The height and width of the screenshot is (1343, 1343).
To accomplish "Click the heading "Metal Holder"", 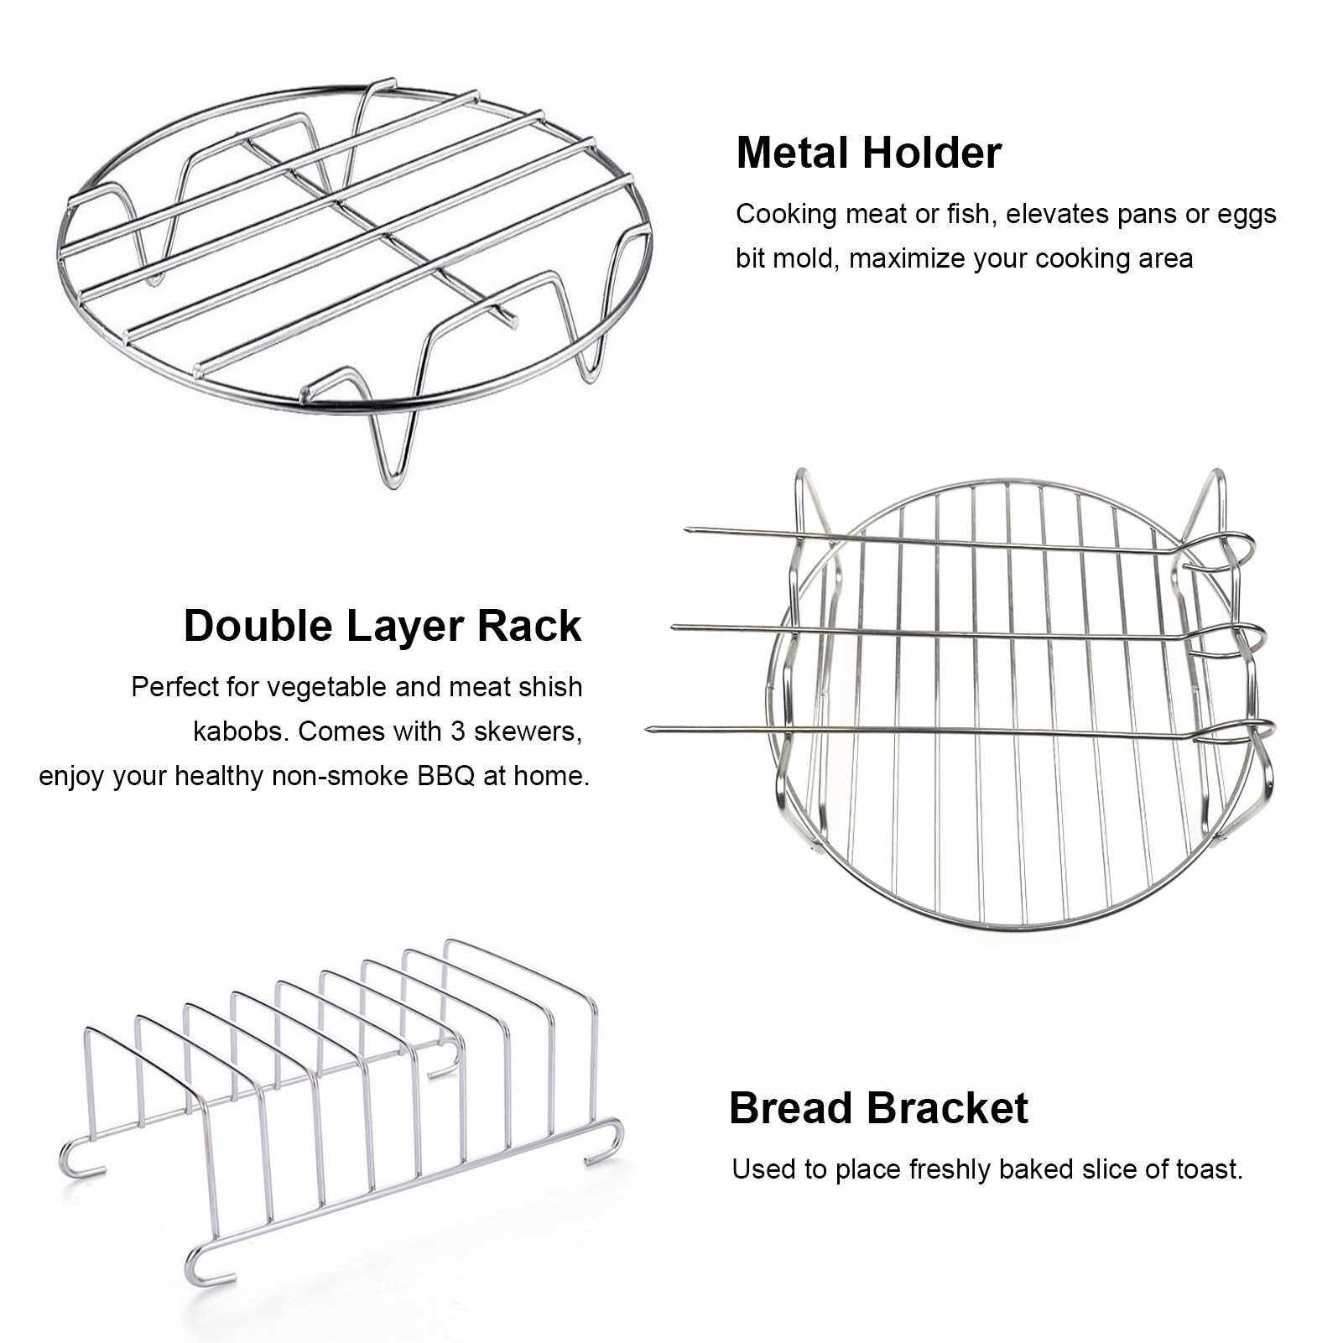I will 868,153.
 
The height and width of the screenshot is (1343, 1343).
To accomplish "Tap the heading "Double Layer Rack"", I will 382,626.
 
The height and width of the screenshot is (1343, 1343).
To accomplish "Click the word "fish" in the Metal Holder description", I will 968,214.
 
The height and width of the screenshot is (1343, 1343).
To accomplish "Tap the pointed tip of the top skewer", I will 689,529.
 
